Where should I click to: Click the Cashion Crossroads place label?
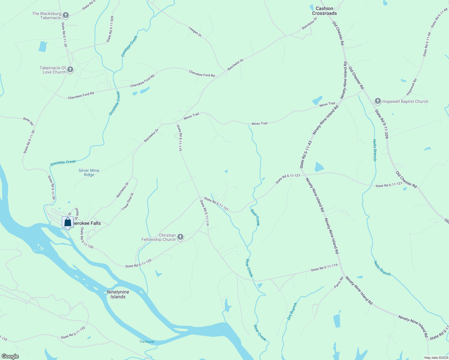[x=324, y=11]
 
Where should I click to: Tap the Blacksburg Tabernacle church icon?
[x=66, y=16]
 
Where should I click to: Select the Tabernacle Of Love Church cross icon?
[x=70, y=70]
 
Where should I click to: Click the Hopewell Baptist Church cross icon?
[x=378, y=101]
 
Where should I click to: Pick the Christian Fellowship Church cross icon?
[x=180, y=237]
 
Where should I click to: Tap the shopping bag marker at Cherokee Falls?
[x=68, y=222]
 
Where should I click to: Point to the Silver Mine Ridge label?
[x=89, y=172]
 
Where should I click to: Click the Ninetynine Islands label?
[x=118, y=294]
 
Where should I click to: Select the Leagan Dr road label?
[x=195, y=31]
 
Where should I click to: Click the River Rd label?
[x=29, y=121]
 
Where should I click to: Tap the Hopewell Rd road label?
[x=411, y=87]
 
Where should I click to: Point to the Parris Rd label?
[x=339, y=283]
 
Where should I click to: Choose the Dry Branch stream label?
[x=292, y=311]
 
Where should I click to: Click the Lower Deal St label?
[x=127, y=201]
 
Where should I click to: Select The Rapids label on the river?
[x=147, y=342]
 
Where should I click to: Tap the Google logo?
[x=10, y=356]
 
